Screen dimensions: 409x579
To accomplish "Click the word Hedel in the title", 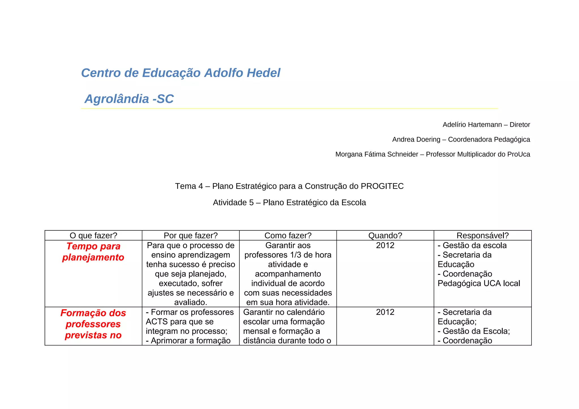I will pyautogui.click(x=263, y=73).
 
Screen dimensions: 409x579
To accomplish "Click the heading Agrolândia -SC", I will pyautogui.click(x=129, y=99).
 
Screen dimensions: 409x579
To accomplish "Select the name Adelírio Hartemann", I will pyautogui.click(x=472, y=125).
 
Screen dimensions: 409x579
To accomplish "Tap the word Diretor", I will pyautogui.click(x=520, y=125).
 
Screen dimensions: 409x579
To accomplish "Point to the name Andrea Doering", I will pyautogui.click(x=416, y=139).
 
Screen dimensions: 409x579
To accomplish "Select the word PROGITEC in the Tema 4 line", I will pyautogui.click(x=382, y=186).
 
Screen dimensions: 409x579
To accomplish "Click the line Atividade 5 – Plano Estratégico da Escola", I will pyautogui.click(x=289, y=202).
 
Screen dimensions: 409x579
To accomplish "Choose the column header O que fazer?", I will pyautogui.click(x=93, y=235).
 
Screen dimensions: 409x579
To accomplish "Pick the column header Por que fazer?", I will pyautogui.click(x=191, y=235).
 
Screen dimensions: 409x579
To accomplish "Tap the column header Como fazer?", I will pyautogui.click(x=288, y=235).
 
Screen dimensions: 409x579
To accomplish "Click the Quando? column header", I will pyautogui.click(x=385, y=235).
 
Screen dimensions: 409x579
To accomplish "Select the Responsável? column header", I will pyautogui.click(x=482, y=235).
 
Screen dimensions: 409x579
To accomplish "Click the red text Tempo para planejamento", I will pyautogui.click(x=93, y=252).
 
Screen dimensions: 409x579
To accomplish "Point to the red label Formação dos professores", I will pyautogui.click(x=93, y=319).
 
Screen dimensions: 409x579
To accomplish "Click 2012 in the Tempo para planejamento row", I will pyautogui.click(x=385, y=245).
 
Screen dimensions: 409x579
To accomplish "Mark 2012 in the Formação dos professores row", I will pyautogui.click(x=385, y=312).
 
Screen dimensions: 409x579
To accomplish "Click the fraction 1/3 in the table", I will pyautogui.click(x=295, y=255).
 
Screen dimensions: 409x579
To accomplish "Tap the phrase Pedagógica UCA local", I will pyautogui.click(x=479, y=283).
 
